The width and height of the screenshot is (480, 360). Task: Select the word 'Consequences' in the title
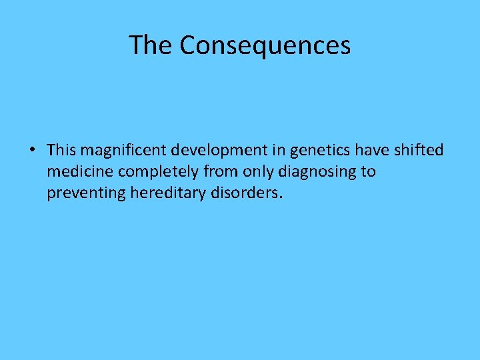pos(265,45)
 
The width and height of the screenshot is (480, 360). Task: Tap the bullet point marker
pos(33,150)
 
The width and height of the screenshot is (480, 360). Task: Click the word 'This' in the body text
pos(62,149)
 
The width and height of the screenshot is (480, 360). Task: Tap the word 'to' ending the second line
pos(369,171)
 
